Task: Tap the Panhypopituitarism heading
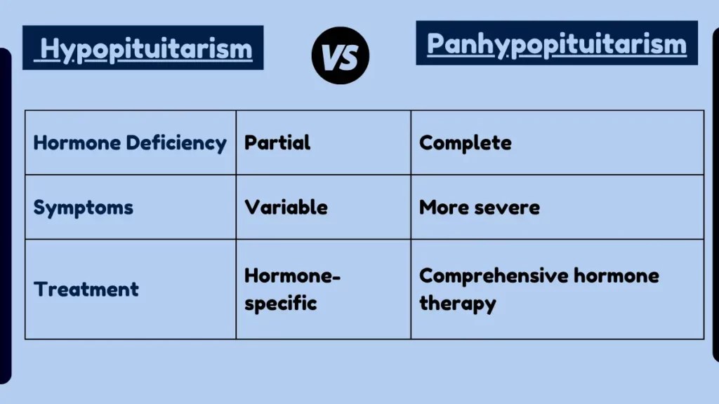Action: (556, 43)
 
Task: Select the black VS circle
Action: (341, 55)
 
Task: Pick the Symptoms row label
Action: (83, 208)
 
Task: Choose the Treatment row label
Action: (86, 289)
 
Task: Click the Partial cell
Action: (277, 143)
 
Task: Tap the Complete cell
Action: (465, 143)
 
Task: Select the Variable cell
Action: (286, 208)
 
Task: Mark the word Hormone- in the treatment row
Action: (292, 276)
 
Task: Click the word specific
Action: (280, 304)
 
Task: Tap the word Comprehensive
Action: (493, 276)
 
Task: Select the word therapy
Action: (457, 304)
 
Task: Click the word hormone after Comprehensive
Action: (616, 276)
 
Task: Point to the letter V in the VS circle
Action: (332, 56)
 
